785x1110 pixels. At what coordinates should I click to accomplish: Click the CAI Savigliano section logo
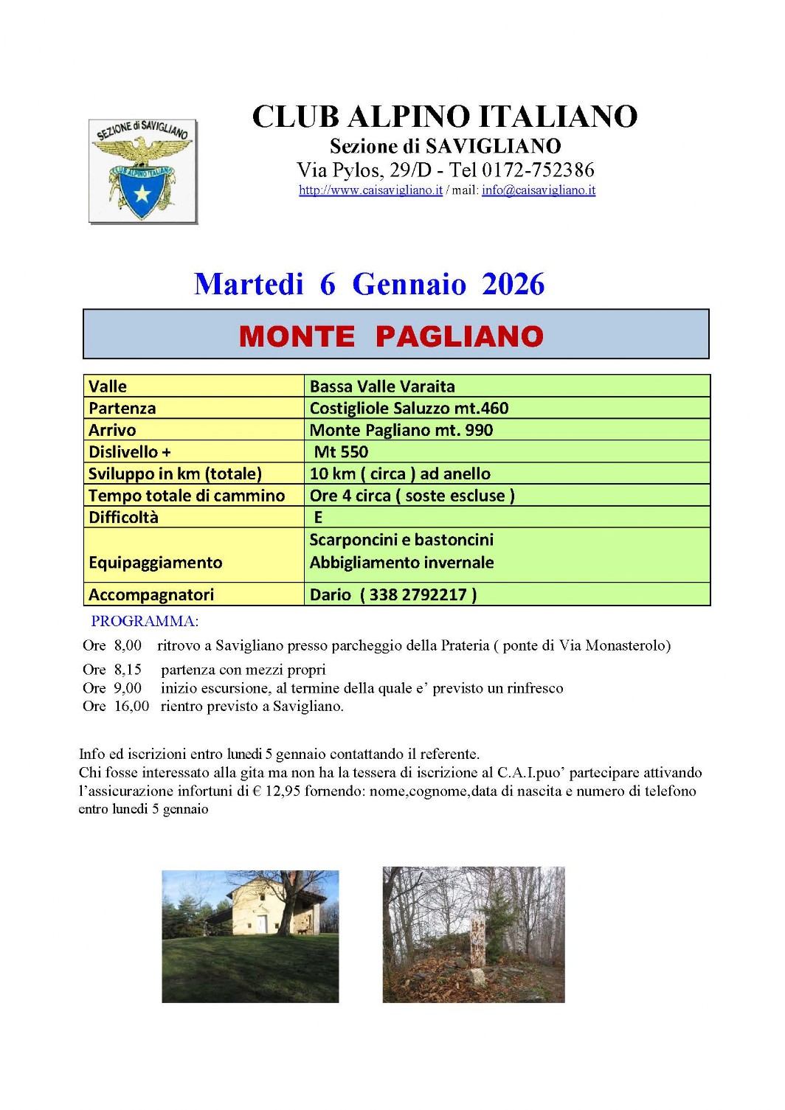142,170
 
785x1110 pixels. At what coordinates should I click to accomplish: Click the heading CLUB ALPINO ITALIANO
445,117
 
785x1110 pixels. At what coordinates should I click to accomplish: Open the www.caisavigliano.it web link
370,190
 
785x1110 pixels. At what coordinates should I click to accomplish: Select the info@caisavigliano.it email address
539,190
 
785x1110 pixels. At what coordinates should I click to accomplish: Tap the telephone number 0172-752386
538,170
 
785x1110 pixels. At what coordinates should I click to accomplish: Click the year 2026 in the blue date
513,285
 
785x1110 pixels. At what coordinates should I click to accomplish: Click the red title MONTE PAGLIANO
391,336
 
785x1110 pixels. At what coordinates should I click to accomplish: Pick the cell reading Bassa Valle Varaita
382,386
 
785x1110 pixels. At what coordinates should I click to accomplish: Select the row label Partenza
122,409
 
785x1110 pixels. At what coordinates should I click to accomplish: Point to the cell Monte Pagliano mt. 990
401,430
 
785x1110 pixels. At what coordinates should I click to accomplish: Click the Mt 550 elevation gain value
341,452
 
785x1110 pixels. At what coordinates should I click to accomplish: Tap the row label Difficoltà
123,518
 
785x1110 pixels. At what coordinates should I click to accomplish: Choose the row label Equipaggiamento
155,563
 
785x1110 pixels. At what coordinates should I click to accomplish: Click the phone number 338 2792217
418,595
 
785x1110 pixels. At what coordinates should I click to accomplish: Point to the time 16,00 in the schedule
131,707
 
